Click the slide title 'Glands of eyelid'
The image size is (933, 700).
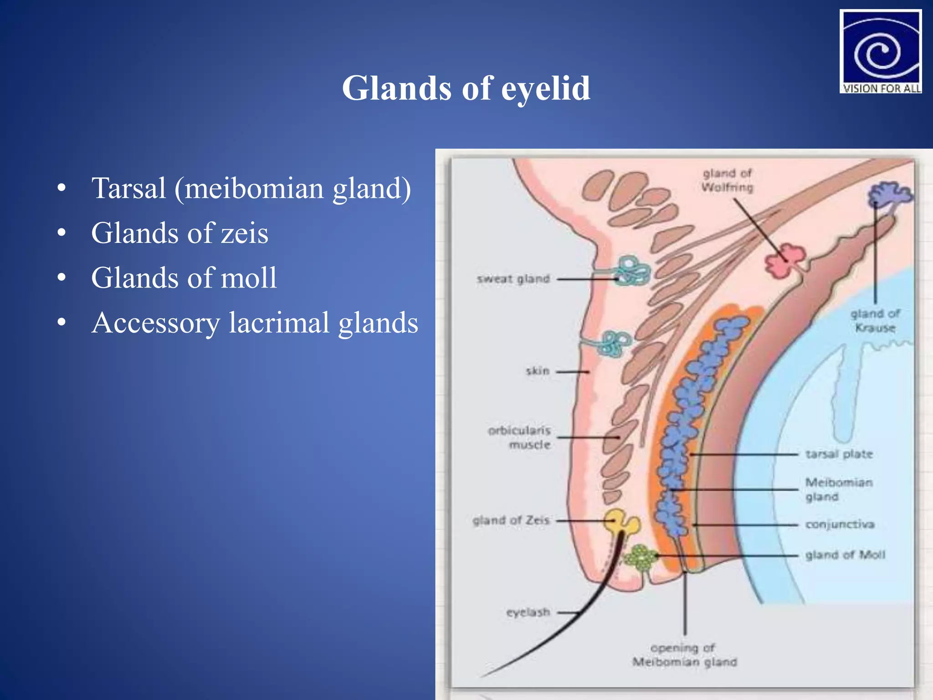click(466, 87)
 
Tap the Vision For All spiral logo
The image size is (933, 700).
click(880, 51)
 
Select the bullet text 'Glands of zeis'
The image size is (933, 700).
click(179, 233)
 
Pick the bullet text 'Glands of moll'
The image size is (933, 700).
click(184, 278)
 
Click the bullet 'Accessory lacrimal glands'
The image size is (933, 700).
click(254, 323)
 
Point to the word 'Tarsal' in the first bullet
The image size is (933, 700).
click(128, 188)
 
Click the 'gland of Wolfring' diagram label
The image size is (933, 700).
click(727, 180)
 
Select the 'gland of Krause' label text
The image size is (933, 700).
click(875, 320)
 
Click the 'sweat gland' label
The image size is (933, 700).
click(513, 278)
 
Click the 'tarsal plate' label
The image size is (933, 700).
click(839, 454)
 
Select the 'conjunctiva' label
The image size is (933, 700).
click(840, 524)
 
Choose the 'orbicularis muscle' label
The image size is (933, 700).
click(520, 437)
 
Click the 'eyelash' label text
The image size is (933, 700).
click(528, 612)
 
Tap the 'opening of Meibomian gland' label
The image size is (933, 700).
click(684, 654)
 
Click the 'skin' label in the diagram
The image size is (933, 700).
click(537, 371)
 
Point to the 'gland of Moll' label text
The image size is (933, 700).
click(845, 555)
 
